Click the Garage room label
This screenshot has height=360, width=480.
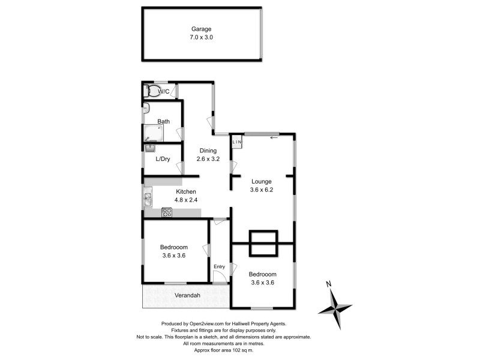coord(202,29)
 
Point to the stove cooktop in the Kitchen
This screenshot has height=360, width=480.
coord(167,211)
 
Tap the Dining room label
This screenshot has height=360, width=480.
coord(208,151)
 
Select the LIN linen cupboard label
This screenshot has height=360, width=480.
coord(237,142)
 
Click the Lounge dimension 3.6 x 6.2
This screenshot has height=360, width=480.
coord(262,190)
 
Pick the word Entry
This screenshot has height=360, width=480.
coord(219,266)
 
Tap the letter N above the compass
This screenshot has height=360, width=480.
coord(329,284)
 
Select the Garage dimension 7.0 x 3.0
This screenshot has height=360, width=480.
coord(202,37)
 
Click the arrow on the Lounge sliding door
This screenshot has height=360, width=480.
coord(274,137)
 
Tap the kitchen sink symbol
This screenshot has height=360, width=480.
coord(147,197)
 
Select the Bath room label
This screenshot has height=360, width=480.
coord(163,121)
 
